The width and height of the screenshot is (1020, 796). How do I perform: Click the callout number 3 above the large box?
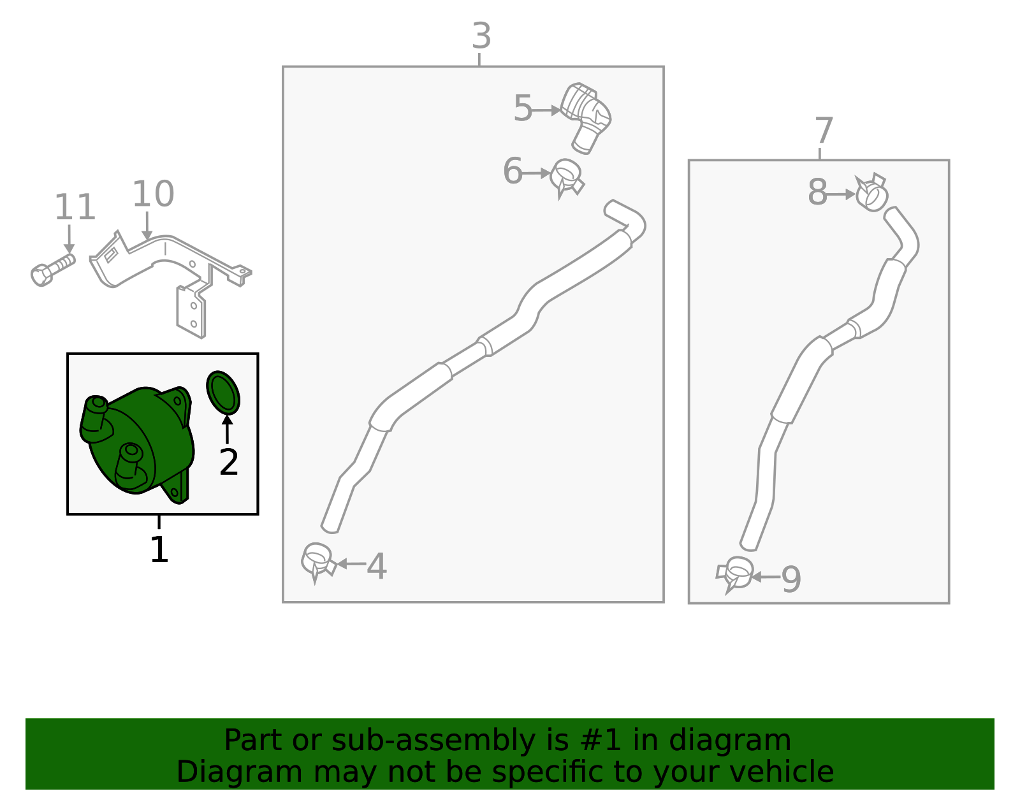point(481,36)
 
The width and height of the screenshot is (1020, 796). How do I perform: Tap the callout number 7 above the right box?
point(823,131)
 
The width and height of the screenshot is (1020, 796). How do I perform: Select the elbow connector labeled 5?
point(586,118)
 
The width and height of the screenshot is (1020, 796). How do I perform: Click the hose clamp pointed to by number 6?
point(567,178)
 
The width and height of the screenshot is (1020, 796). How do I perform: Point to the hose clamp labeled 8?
point(871,192)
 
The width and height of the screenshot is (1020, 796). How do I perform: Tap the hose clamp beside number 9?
point(734,574)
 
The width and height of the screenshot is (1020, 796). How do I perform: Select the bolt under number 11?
point(52,270)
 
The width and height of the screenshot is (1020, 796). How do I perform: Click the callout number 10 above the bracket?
point(153,194)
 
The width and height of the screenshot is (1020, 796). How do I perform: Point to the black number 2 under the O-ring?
point(229,462)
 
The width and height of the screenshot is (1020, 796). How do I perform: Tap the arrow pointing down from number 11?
point(69,239)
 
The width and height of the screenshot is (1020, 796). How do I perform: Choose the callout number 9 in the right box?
point(791,580)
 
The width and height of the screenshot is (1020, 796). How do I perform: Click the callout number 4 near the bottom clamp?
point(377,566)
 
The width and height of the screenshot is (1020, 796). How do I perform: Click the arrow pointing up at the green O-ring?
point(227,429)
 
